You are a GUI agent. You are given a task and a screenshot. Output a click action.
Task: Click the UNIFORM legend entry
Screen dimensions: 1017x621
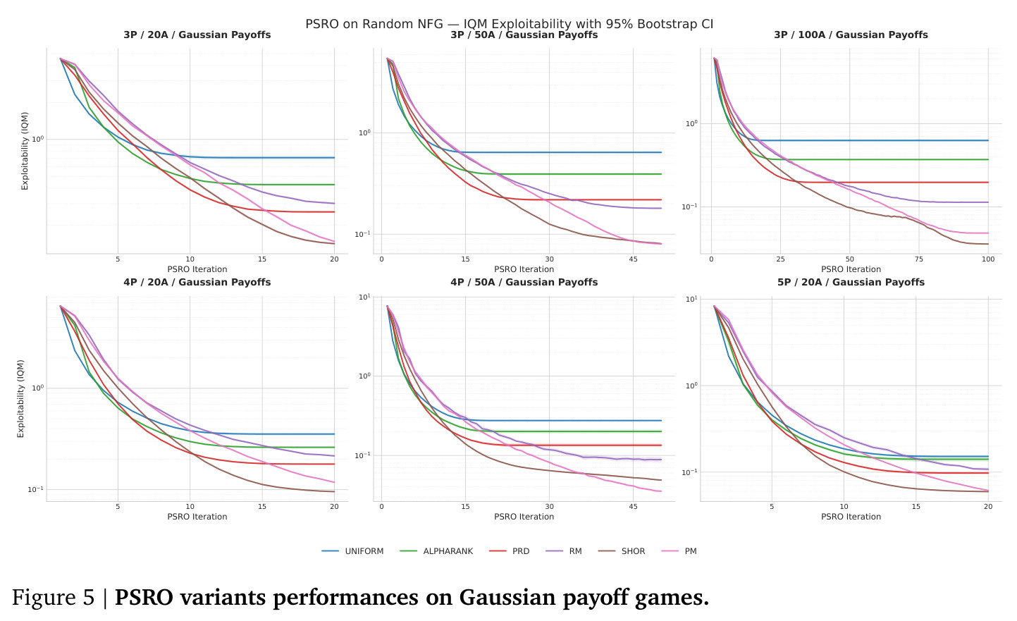pos(353,551)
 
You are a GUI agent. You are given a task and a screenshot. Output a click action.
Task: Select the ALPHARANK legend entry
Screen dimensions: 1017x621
pos(436,551)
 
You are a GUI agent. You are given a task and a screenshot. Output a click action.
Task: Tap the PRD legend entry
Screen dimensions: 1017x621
pos(509,551)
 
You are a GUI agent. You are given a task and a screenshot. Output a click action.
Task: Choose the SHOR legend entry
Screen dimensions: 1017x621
pos(622,551)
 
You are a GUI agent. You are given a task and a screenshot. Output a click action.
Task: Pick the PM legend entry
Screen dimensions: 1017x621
pos(679,551)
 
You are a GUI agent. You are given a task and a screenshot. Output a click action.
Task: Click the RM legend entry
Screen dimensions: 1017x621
pos(563,551)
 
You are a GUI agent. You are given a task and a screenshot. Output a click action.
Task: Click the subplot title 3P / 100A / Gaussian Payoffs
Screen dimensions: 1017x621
pos(851,35)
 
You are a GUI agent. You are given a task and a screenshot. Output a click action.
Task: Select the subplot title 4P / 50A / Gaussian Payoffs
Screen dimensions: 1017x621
pos(524,283)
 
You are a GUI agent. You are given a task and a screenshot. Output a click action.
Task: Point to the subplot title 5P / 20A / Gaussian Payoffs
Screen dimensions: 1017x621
pos(851,283)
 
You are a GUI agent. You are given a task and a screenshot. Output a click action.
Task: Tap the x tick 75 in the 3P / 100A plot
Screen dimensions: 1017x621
pos(919,259)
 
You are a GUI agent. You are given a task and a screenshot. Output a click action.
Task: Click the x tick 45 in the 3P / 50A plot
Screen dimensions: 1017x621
pos(633,259)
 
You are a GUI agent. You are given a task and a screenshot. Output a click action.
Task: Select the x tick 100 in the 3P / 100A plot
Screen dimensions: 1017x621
pos(988,259)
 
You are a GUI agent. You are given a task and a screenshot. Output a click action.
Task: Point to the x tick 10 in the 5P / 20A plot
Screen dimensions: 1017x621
pos(844,507)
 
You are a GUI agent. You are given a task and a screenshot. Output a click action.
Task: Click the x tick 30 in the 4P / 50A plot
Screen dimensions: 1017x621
pos(549,507)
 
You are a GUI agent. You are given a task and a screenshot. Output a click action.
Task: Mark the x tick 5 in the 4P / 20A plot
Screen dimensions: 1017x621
pos(118,507)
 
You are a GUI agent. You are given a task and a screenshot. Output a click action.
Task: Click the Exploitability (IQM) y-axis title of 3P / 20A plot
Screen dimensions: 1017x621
pos(25,151)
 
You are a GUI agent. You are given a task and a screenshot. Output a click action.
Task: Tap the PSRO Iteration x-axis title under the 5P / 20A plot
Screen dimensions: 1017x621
pos(851,517)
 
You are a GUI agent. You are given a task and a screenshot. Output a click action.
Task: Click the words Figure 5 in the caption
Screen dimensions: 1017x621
pos(53,598)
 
